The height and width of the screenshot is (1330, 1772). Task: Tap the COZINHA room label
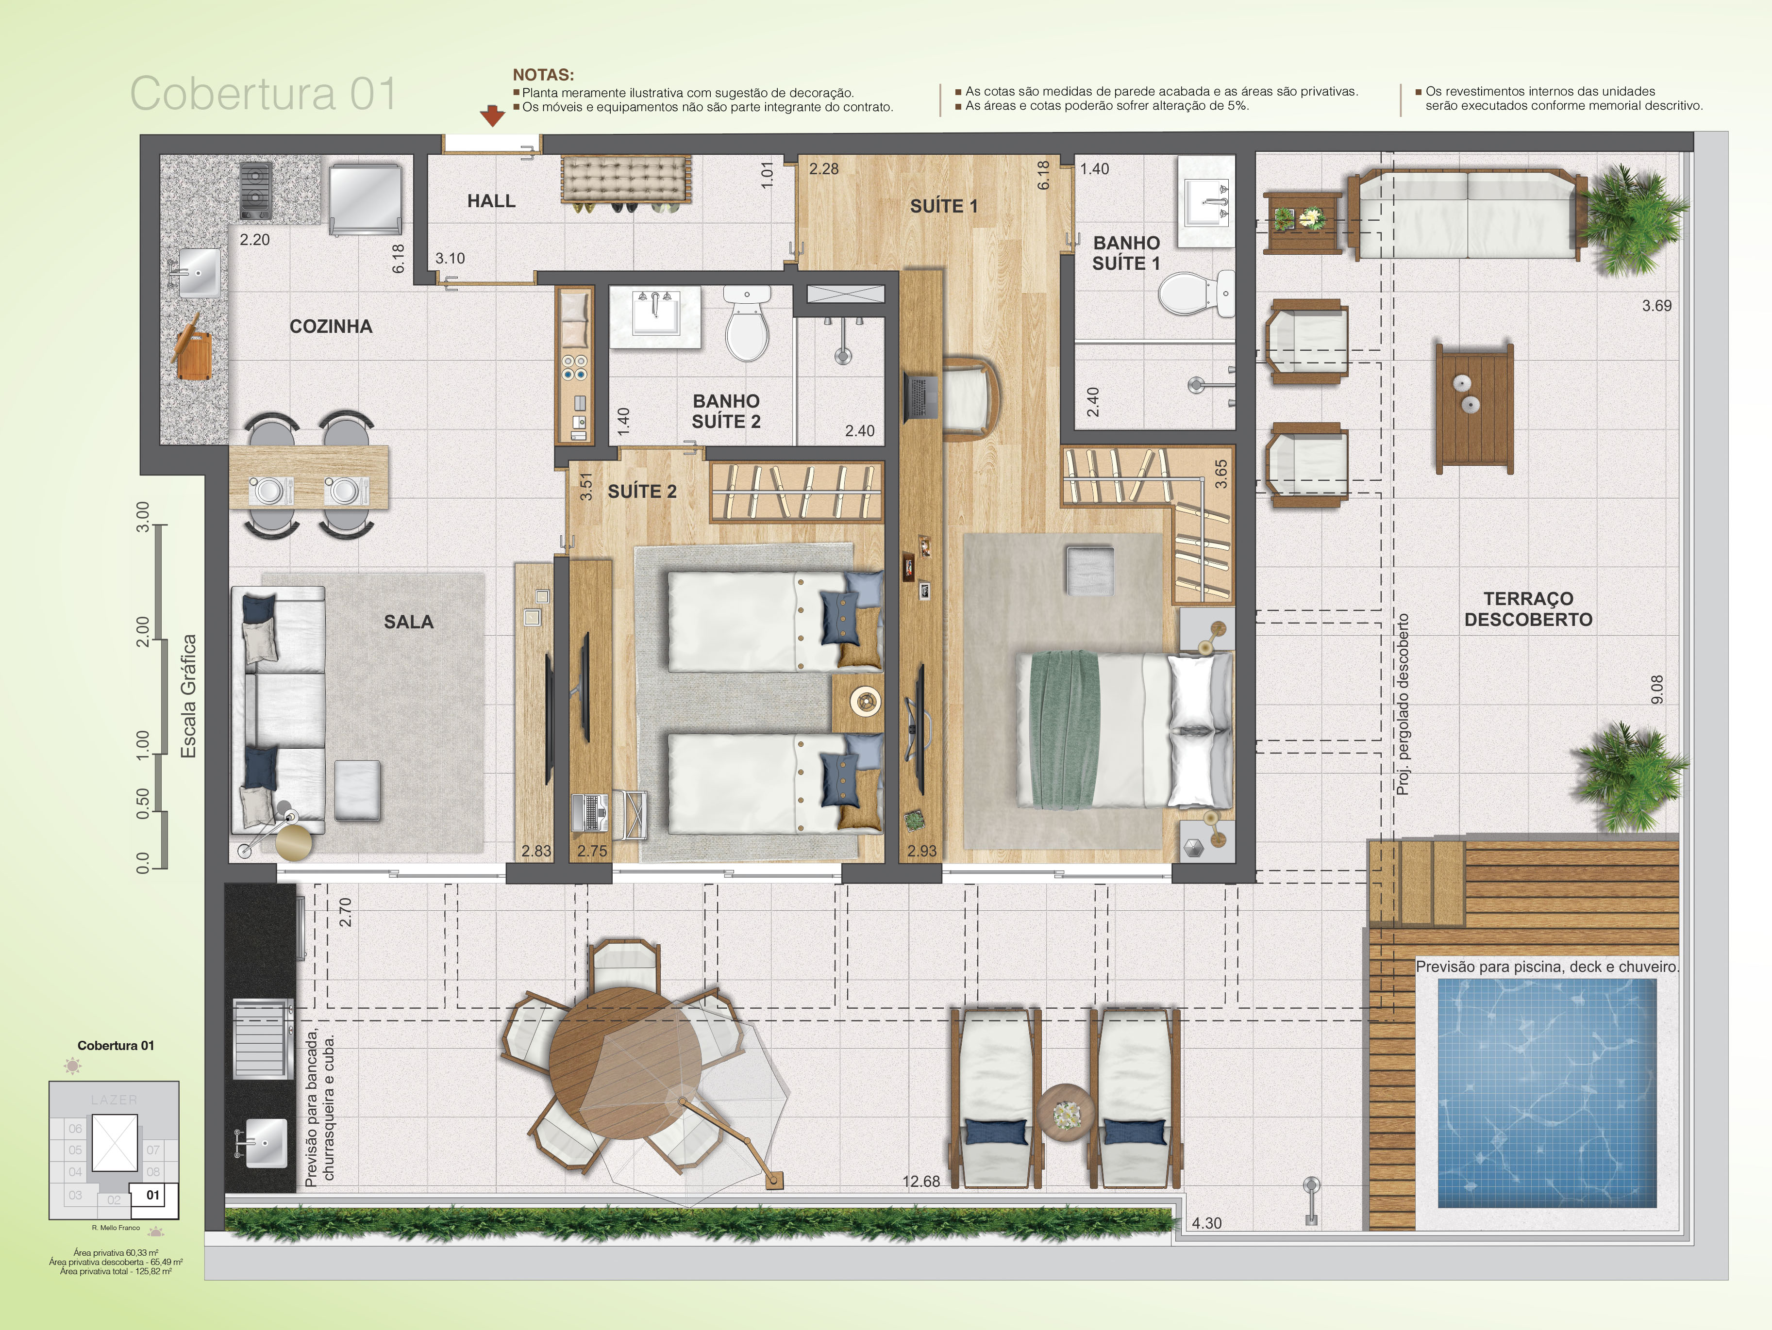331,327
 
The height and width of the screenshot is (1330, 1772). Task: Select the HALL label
491,201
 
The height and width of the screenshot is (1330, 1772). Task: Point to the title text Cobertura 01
263,94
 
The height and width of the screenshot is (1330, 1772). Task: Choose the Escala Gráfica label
188,697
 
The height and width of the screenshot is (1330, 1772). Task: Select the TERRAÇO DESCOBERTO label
1528,609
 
